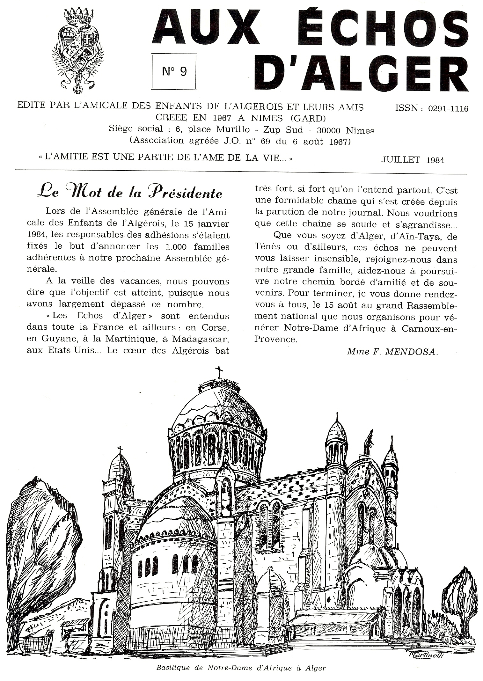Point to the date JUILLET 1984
(413, 160)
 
